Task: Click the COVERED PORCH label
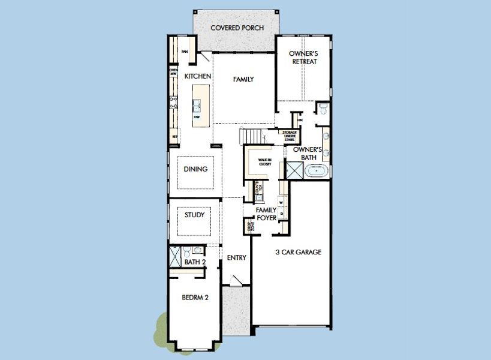[234, 28]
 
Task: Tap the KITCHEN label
[197, 76]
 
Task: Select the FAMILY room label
[243, 79]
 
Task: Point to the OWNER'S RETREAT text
[303, 57]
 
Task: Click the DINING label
[195, 169]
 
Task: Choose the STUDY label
[195, 215]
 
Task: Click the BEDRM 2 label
[195, 296]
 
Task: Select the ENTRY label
[237, 257]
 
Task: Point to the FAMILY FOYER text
[266, 214]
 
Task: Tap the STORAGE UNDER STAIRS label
[290, 136]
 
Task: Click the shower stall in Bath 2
[175, 256]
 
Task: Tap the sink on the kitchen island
[196, 106]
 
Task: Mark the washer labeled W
[281, 203]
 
